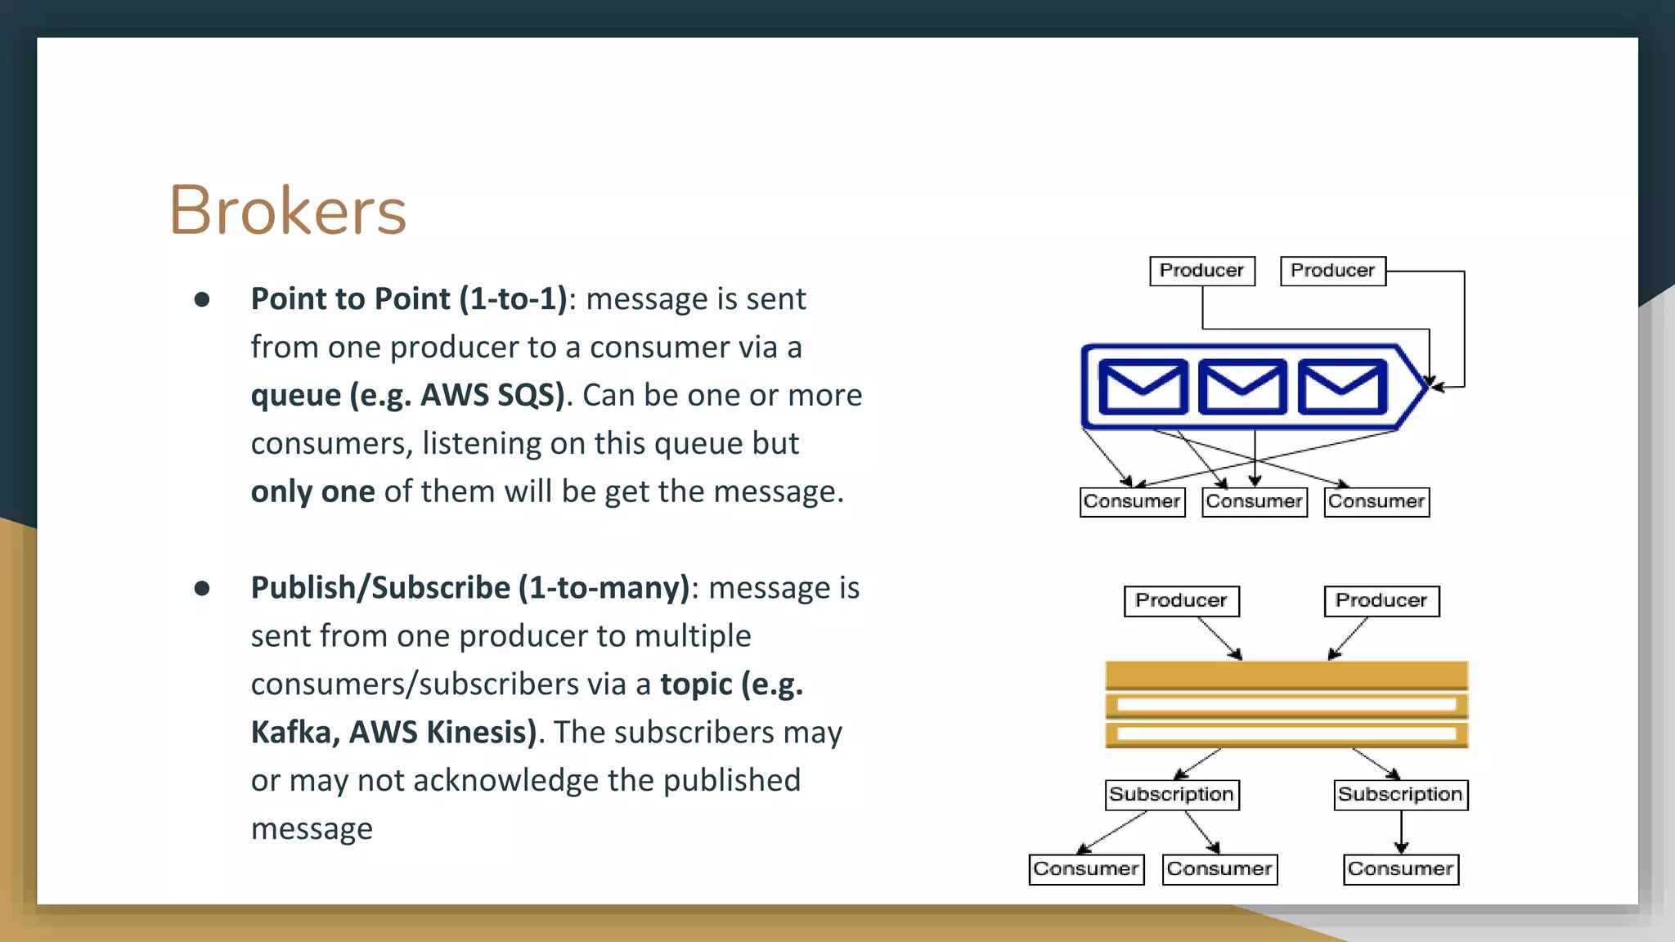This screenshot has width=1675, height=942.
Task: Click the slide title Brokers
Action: point(287,211)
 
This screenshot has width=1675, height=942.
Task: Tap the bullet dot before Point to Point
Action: point(202,300)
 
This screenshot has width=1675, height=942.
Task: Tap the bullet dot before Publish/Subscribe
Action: point(202,589)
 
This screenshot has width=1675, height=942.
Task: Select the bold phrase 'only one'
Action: point(312,491)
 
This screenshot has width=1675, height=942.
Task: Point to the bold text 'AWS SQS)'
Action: point(492,395)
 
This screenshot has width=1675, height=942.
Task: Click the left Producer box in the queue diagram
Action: point(1201,271)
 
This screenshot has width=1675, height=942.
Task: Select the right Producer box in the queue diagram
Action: point(1332,271)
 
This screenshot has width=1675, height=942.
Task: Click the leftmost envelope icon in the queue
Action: point(1143,387)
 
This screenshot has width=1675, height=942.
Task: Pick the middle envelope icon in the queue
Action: point(1242,387)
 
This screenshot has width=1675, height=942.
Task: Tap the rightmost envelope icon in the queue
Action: point(1342,387)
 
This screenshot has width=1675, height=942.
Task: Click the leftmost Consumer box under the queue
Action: point(1132,501)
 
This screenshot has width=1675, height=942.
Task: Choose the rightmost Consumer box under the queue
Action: point(1376,501)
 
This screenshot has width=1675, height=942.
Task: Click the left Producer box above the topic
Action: point(1181,601)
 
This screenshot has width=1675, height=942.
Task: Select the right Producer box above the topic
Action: point(1381,601)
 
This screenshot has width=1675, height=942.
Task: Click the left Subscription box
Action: point(1172,795)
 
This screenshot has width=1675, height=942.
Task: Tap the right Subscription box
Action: point(1400,795)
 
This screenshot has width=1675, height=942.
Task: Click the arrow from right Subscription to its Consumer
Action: point(1401,832)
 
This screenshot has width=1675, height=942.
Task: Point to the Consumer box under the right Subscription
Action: point(1400,869)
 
